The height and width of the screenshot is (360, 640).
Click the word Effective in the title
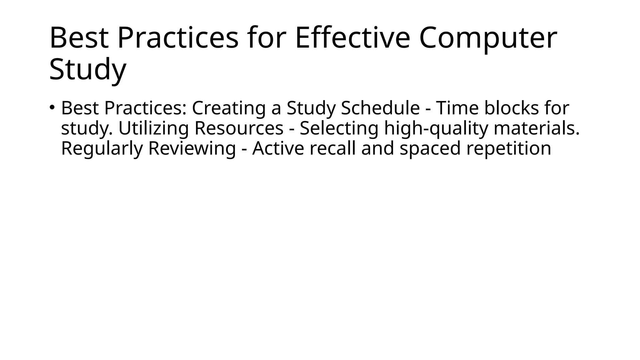tap(352, 38)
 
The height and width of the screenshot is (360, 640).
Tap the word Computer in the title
tap(488, 38)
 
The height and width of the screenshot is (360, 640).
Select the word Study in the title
tap(87, 69)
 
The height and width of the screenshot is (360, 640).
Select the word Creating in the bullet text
tap(228, 108)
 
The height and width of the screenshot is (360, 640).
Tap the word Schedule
tap(380, 108)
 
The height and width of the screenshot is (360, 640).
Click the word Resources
tap(239, 128)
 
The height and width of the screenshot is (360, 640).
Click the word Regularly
tap(102, 148)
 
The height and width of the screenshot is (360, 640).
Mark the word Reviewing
tap(192, 148)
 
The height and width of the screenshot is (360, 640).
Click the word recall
tap(332, 148)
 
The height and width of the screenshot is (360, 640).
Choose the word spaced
tap(430, 148)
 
